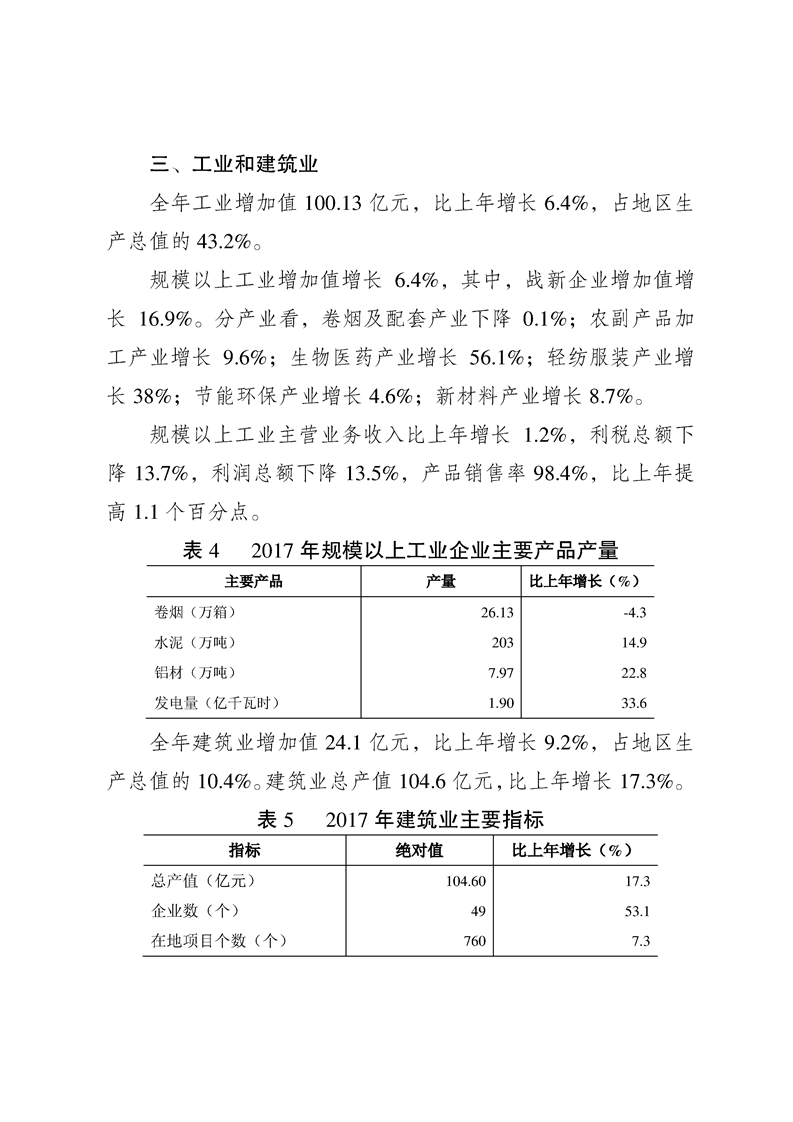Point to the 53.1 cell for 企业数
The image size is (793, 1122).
click(638, 912)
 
